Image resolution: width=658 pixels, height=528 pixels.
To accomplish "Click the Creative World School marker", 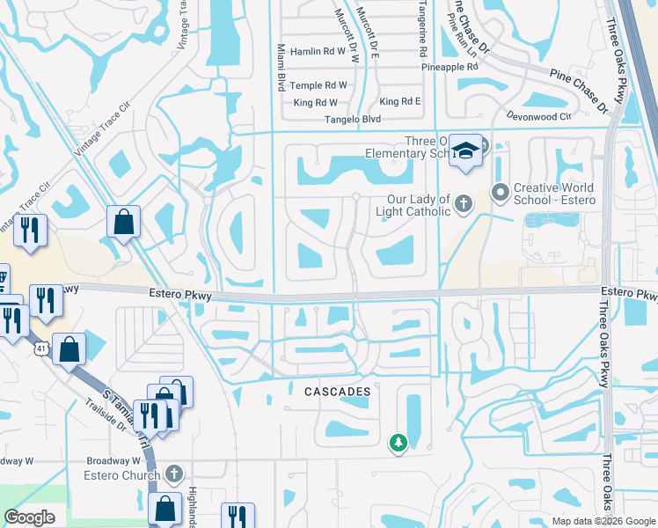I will [x=501, y=191].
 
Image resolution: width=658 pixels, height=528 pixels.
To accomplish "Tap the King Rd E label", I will [x=399, y=102].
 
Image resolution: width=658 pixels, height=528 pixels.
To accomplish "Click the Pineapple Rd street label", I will [x=449, y=66].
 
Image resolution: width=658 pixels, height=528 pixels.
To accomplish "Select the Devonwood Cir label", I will [x=539, y=115].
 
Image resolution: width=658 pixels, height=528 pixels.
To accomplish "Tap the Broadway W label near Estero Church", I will [x=113, y=460].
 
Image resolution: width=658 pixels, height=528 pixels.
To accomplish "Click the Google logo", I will [x=30, y=517].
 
